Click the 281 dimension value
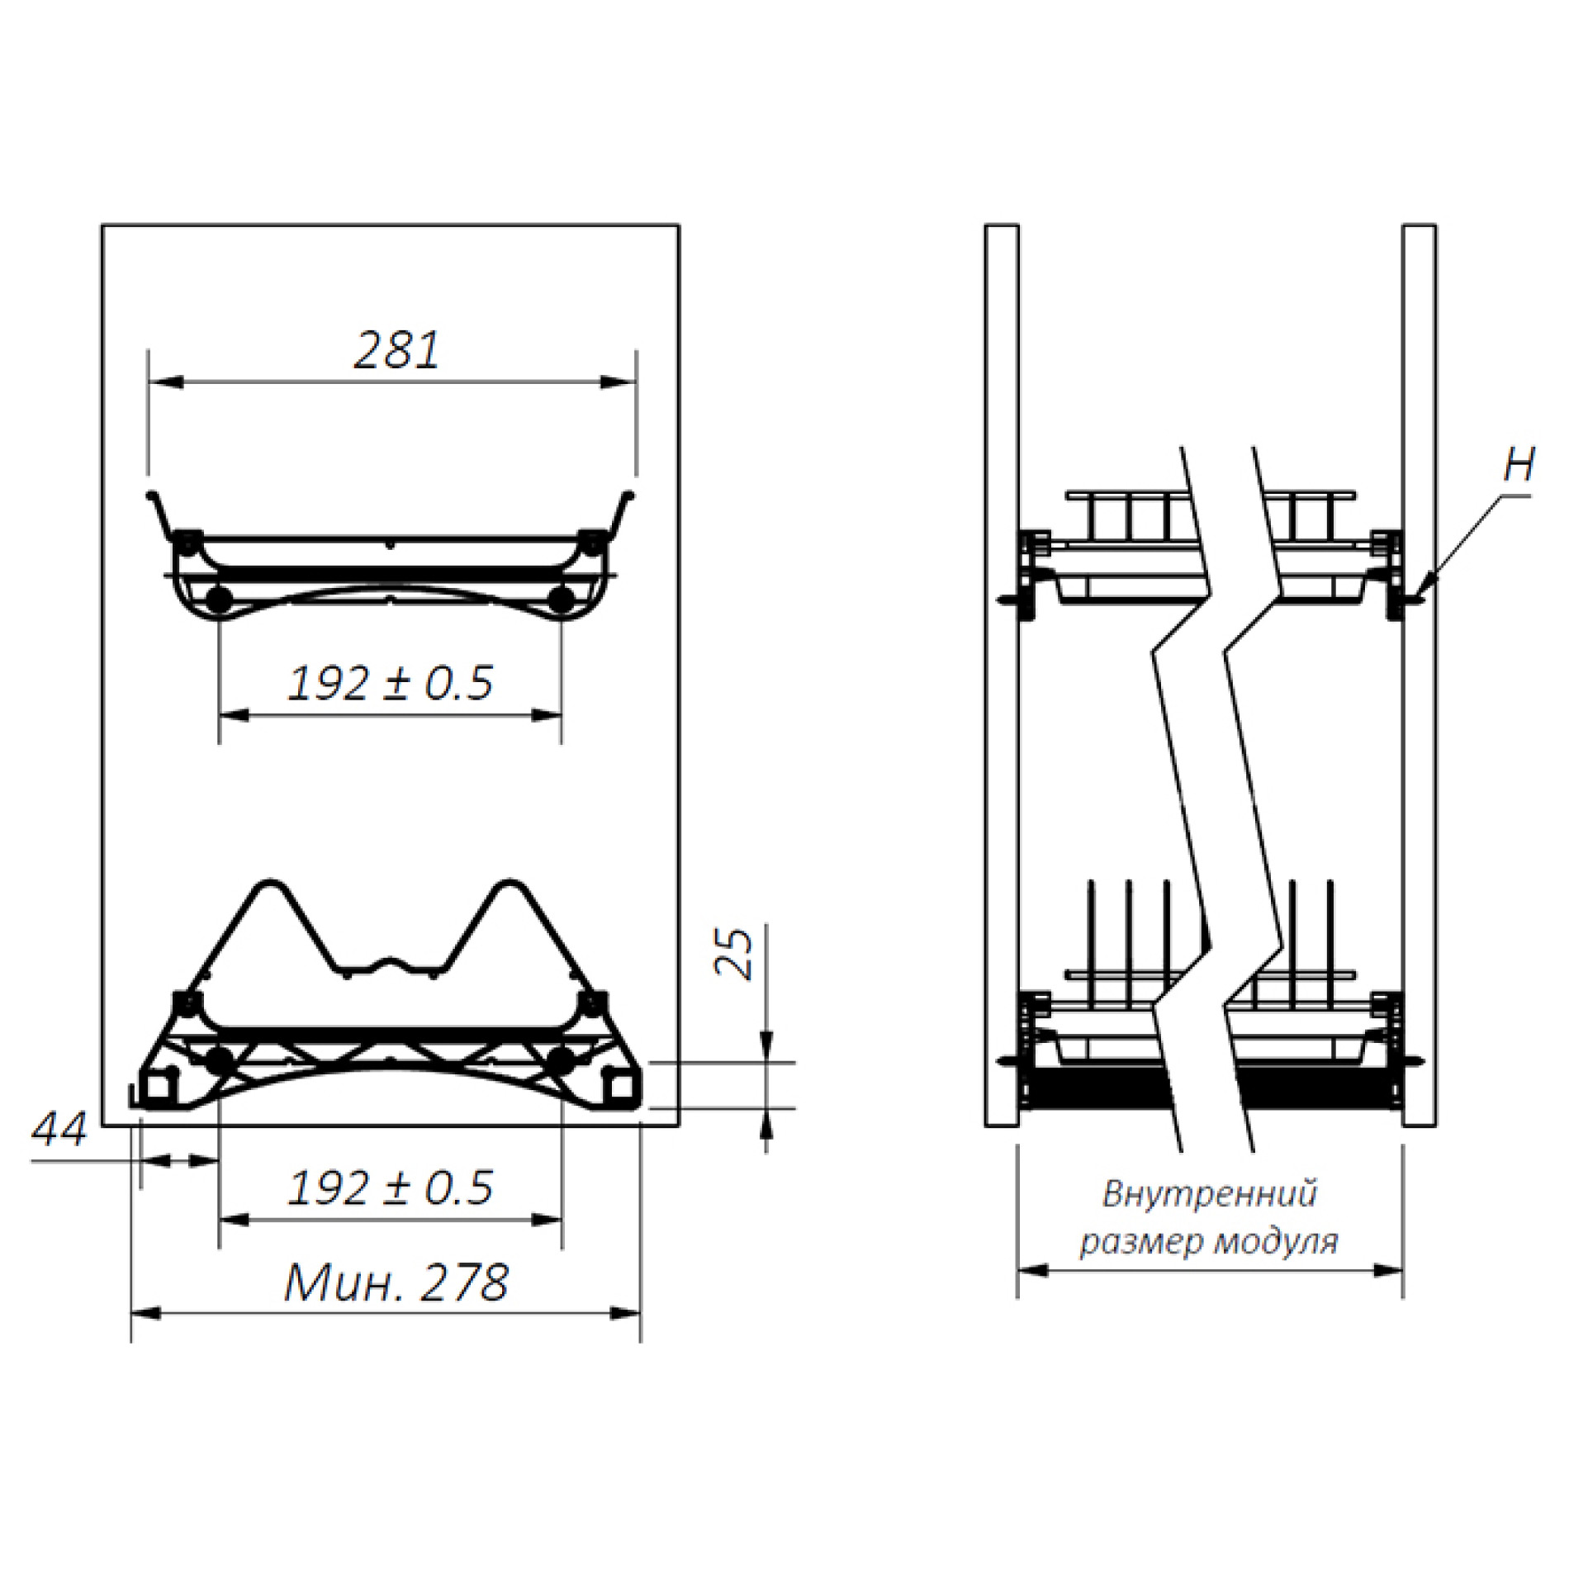[x=397, y=350]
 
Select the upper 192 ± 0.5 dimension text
[x=390, y=683]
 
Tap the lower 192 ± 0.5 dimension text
[x=390, y=1188]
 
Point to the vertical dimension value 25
[x=735, y=954]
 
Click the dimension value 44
[x=59, y=1130]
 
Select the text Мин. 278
[x=396, y=1282]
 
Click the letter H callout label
[x=1519, y=465]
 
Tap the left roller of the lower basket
[x=219, y=1060]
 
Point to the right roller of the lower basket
[x=562, y=1060]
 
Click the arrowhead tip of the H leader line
[x=1414, y=597]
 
